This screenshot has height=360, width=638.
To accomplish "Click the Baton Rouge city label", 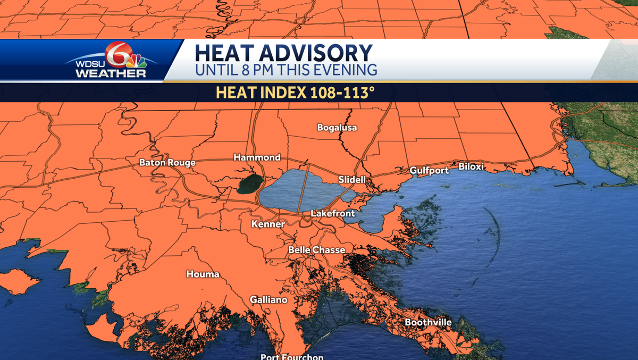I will click(167, 163).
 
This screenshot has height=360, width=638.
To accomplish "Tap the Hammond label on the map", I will click(257, 157).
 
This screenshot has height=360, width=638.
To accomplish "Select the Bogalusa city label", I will click(337, 128).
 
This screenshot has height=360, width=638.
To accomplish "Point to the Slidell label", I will click(352, 180).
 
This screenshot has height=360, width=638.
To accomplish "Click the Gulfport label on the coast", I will click(429, 170).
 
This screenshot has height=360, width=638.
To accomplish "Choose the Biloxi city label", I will click(471, 166).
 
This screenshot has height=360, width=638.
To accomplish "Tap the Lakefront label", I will click(332, 213).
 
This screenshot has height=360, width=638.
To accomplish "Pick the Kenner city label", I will click(268, 224).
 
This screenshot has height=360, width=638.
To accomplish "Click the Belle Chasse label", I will click(316, 250).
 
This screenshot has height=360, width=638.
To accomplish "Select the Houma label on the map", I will click(203, 274).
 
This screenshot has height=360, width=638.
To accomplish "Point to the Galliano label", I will click(268, 300).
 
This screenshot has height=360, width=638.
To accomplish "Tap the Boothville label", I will click(428, 322).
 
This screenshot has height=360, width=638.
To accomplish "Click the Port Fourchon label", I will click(292, 356).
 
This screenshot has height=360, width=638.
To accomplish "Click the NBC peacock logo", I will click(136, 60).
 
